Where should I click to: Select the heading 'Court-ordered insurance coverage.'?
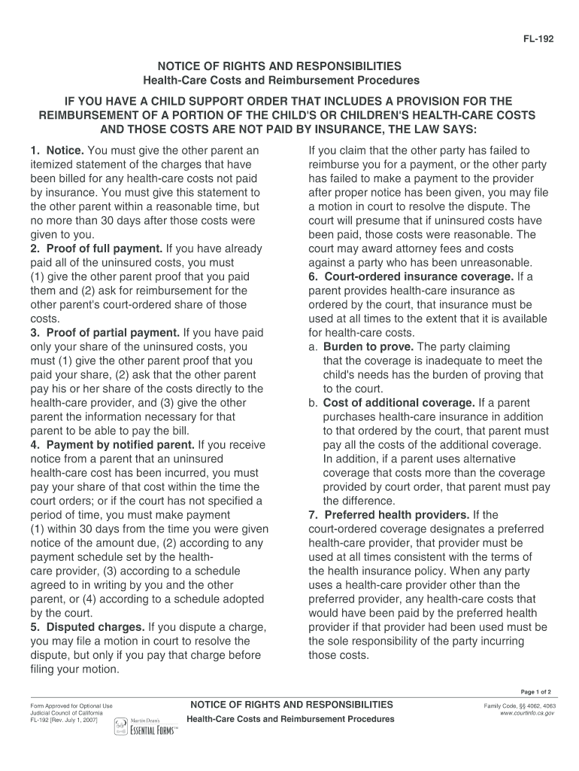coord(411,276)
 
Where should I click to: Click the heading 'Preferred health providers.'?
coord(396,515)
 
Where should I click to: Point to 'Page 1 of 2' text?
coord(536,692)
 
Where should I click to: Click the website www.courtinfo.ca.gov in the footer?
coord(527,712)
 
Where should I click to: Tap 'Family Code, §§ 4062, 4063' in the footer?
coord(520,705)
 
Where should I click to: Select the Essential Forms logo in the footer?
coord(146,727)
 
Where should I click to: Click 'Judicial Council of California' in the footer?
coord(66,712)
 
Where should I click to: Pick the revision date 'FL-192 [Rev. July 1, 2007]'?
coord(64,720)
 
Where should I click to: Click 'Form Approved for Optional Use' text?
coord(71,705)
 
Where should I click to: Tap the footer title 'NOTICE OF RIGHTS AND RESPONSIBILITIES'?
coord(292,705)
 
